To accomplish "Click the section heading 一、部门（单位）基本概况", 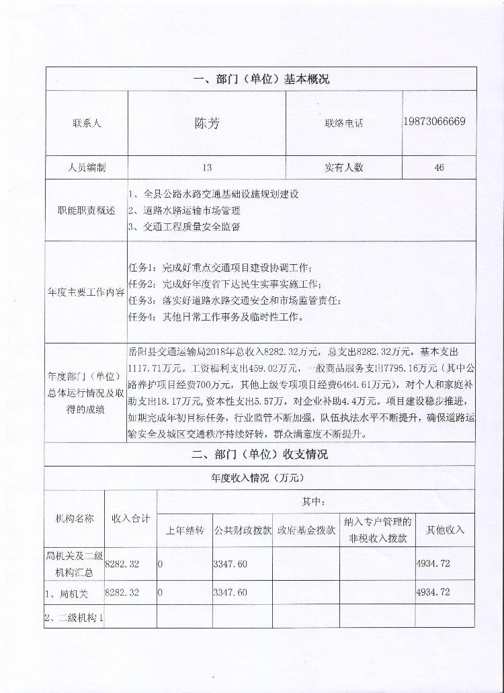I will [261, 79].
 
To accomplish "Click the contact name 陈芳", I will [206, 124].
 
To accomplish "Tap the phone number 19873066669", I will [435, 122].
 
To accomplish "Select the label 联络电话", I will [343, 124].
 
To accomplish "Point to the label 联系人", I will [87, 124].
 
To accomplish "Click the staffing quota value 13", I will [206, 167].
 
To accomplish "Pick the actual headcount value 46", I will [439, 167].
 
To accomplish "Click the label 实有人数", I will [343, 167].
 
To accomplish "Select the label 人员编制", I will [87, 167].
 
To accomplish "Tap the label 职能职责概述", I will [87, 210].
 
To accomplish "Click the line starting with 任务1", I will [220, 267].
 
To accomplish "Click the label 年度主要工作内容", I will [86, 292].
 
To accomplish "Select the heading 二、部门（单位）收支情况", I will [260, 454].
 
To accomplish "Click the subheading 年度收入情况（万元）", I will [259, 479].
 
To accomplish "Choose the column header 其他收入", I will [445, 530].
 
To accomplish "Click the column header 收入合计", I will [130, 518].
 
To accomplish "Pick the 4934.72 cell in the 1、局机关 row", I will [433, 592].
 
